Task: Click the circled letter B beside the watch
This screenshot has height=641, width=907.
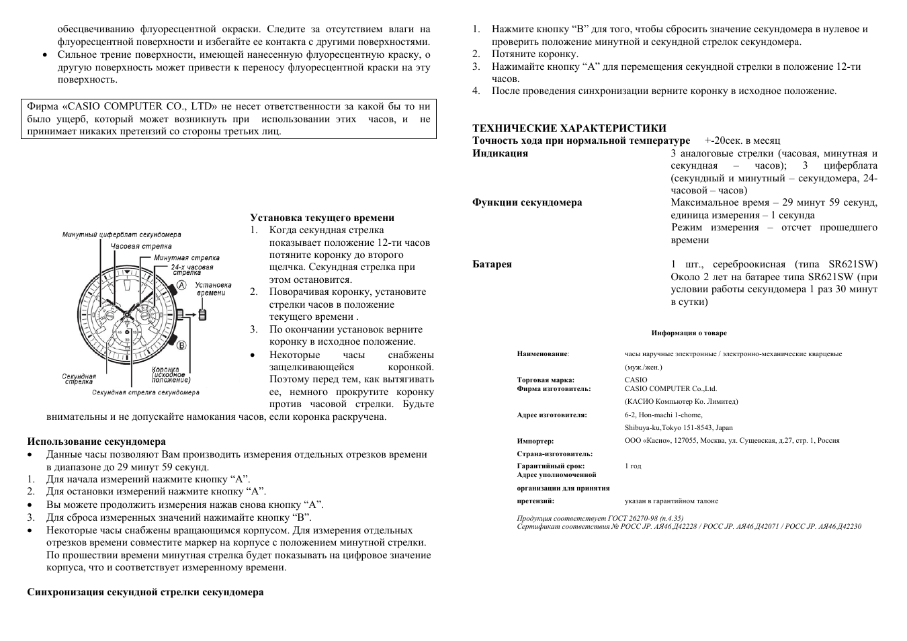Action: [181, 345]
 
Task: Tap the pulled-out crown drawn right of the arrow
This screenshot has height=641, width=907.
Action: [202, 313]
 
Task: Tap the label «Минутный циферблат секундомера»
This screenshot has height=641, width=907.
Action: [122, 235]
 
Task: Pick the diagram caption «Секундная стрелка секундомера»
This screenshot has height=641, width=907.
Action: [146, 392]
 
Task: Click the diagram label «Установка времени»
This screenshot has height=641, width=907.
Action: [211, 289]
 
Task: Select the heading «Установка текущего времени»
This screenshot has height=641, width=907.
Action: [322, 218]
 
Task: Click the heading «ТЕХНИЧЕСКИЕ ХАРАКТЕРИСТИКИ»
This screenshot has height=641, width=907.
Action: [569, 128]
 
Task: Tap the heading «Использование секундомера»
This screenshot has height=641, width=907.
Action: [96, 441]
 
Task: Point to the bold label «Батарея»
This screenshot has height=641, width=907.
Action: [492, 264]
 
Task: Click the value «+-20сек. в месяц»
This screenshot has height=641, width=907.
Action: [742, 141]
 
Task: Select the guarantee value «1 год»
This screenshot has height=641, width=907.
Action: [633, 466]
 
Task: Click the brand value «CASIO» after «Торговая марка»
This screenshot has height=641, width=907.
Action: [636, 380]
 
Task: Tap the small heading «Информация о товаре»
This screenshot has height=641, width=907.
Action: [689, 333]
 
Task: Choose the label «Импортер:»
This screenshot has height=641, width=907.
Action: [535, 441]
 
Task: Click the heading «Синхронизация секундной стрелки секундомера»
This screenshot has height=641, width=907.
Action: [145, 592]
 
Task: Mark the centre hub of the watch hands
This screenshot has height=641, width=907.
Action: [126, 314]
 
